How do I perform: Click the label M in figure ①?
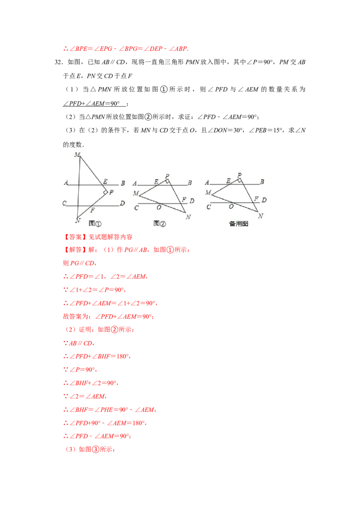[x=77, y=155]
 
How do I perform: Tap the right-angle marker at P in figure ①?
[x=106, y=192]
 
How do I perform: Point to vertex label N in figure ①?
[x=78, y=221]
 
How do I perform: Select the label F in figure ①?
[x=93, y=210]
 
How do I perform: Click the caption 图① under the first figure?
[x=95, y=223]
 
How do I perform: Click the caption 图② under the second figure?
[x=160, y=223]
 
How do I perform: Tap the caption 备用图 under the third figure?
[x=239, y=223]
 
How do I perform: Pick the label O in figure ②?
[x=159, y=207]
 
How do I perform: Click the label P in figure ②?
[x=167, y=176]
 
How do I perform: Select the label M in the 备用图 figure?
[x=208, y=192]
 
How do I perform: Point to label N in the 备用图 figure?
[x=260, y=216]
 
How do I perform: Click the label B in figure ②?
[x=190, y=183]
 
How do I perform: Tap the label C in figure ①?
[x=64, y=203]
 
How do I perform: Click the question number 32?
[x=58, y=63]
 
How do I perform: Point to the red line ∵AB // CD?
[x=79, y=343]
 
